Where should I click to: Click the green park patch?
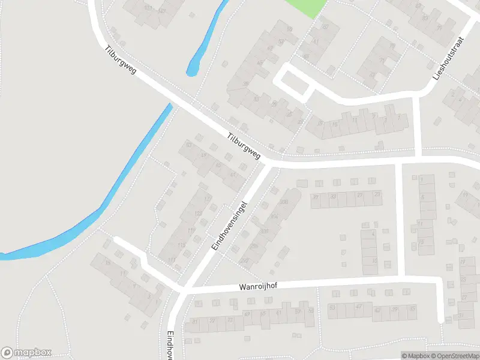click(x=306, y=7)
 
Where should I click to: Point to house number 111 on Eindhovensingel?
click(x=173, y=260)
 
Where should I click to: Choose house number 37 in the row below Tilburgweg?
click(x=316, y=197)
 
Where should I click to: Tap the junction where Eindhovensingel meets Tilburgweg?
click(x=266, y=162)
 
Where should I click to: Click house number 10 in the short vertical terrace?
click(x=374, y=261)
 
